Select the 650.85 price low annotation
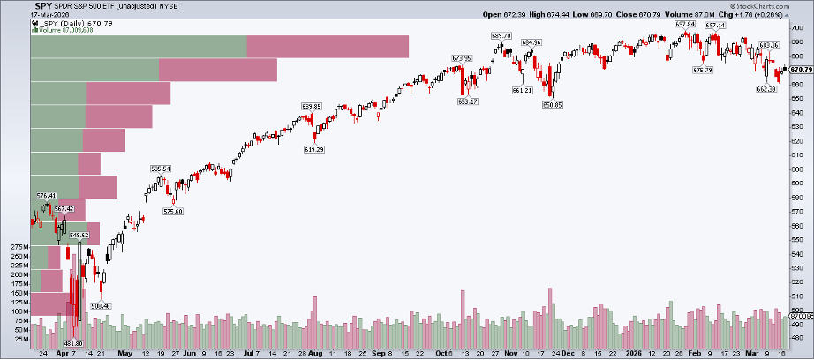tap(554, 104)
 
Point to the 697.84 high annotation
tap(686, 24)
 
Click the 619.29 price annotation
tap(314, 149)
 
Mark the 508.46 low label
tap(103, 306)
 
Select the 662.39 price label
tap(765, 89)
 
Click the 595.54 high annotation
tap(161, 169)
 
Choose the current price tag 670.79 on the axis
tap(801, 69)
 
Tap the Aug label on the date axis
tap(315, 351)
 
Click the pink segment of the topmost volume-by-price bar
tap(328, 46)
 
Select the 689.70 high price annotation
tap(501, 34)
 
